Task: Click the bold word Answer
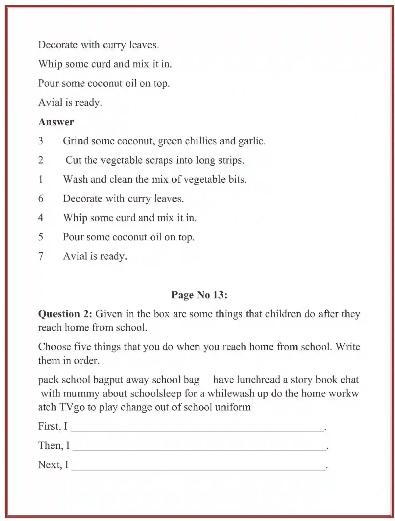(x=56, y=122)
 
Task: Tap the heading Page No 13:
(x=199, y=295)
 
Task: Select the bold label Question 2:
(x=65, y=314)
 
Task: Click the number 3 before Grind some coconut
(x=41, y=141)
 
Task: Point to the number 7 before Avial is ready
(x=41, y=256)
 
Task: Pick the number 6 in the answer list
(x=41, y=199)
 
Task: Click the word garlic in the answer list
(x=252, y=141)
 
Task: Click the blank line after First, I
(x=197, y=428)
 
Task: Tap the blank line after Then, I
(x=199, y=447)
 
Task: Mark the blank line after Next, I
(x=198, y=466)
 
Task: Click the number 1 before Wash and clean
(x=41, y=179)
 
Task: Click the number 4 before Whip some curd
(x=41, y=218)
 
